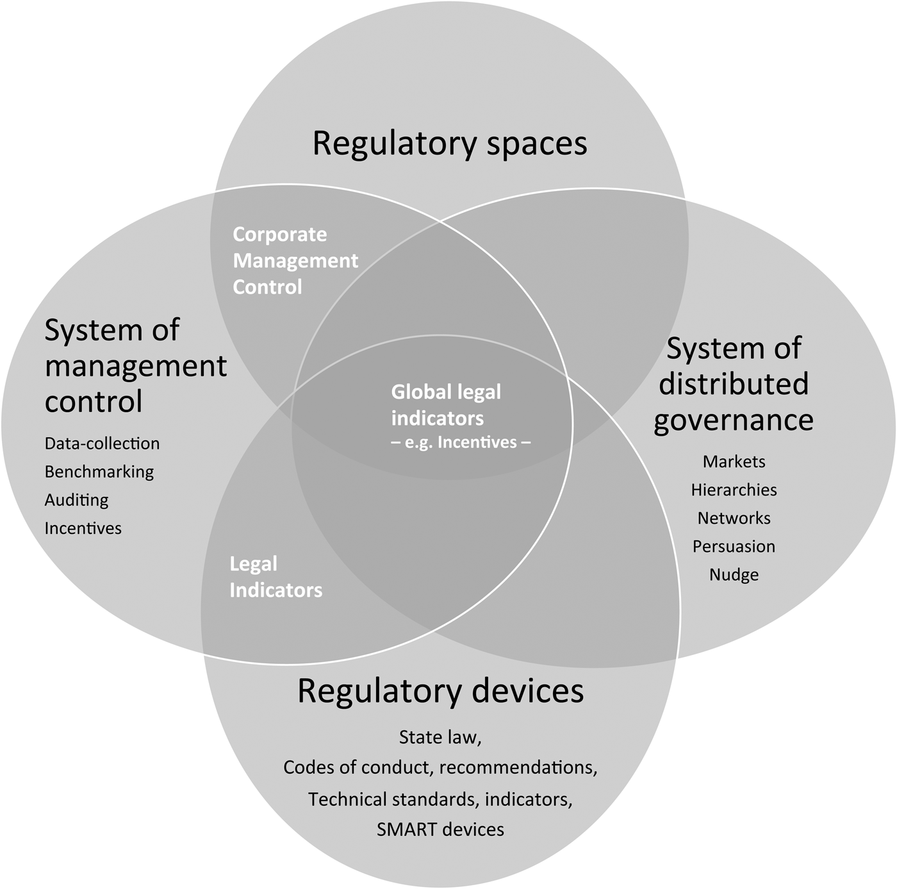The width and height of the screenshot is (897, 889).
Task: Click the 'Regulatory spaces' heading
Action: click(x=450, y=144)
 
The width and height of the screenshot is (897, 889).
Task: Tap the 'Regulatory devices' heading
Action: click(x=441, y=692)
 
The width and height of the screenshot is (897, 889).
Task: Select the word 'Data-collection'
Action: click(x=102, y=444)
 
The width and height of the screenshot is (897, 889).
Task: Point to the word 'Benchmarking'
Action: click(x=99, y=472)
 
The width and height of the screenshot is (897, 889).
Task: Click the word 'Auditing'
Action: click(x=76, y=500)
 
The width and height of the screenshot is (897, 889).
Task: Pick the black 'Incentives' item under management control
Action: click(x=83, y=528)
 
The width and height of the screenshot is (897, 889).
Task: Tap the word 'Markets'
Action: click(x=734, y=461)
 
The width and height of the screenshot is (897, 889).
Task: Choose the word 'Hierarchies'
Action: click(x=734, y=490)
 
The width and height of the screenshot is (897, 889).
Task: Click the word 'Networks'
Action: click(x=734, y=518)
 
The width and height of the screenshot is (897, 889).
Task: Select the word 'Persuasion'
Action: click(x=734, y=546)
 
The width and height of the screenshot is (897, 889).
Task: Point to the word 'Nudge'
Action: click(x=734, y=574)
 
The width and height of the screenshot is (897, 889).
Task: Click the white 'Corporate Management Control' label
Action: click(x=295, y=261)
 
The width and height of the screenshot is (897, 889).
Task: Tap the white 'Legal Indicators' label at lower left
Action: click(x=276, y=577)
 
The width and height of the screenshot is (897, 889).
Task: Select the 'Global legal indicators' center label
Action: click(x=446, y=405)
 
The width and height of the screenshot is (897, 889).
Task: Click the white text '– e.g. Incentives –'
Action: click(x=461, y=442)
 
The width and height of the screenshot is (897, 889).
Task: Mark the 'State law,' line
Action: click(x=440, y=737)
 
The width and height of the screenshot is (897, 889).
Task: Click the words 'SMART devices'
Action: click(x=440, y=829)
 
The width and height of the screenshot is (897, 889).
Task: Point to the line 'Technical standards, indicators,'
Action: click(x=440, y=799)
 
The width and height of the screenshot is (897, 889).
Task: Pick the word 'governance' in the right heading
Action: click(x=734, y=420)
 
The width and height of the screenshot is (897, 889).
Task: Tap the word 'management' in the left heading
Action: click(x=136, y=367)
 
